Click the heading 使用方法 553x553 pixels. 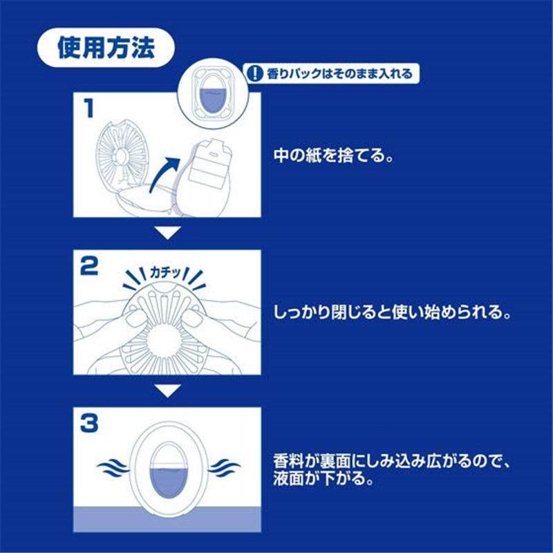point(105,46)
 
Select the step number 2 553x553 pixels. point(89,267)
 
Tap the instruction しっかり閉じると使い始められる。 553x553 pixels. point(391,313)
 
